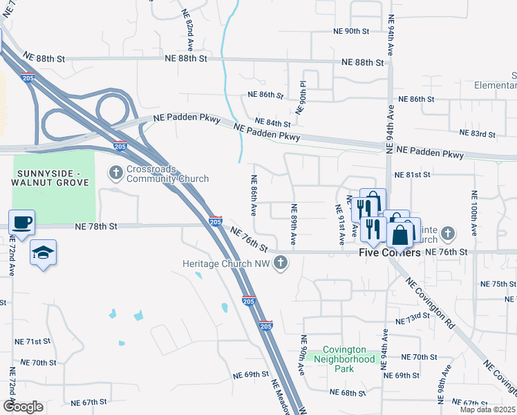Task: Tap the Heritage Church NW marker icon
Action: [x=280, y=263]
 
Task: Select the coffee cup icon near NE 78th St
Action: [x=21, y=223]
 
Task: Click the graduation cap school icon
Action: [x=43, y=252]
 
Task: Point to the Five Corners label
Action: [x=390, y=252]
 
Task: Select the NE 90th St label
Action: [x=352, y=31]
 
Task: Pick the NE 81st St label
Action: [x=412, y=175]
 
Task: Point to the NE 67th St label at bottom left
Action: [x=90, y=402]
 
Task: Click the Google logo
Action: [x=23, y=406]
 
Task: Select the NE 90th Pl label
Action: [x=303, y=98]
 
